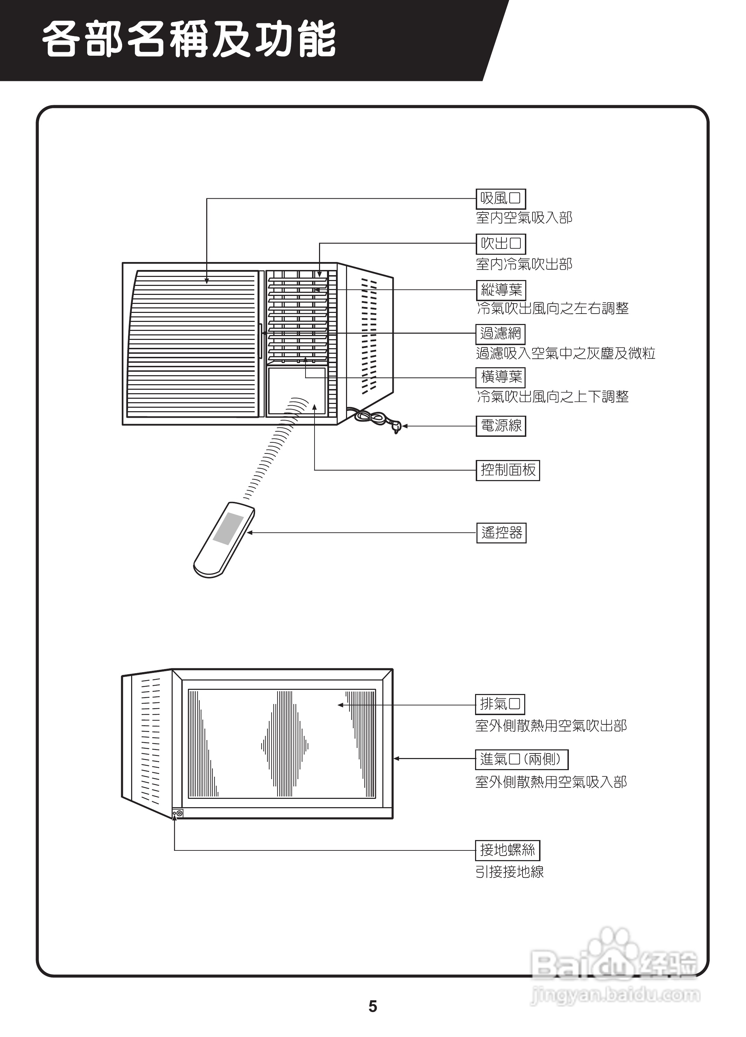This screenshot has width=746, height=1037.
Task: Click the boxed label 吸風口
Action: [x=501, y=198]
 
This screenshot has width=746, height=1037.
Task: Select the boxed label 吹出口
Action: [x=501, y=244]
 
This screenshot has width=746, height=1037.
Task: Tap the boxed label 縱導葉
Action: [x=501, y=289]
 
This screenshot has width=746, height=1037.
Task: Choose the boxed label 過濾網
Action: [x=501, y=333]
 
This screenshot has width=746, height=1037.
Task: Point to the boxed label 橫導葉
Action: [x=501, y=377]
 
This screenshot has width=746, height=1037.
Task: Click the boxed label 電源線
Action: [x=501, y=426]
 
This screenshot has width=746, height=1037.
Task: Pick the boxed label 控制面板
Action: [x=507, y=470]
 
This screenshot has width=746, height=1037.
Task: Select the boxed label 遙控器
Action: [x=501, y=533]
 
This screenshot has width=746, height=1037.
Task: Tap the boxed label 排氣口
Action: [x=500, y=704]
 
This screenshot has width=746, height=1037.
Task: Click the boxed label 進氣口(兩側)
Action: [x=521, y=759]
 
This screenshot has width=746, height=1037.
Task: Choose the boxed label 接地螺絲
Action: [x=507, y=850]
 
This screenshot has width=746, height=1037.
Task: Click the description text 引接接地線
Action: [x=509, y=872]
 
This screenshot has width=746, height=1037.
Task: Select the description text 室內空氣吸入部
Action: [x=524, y=218]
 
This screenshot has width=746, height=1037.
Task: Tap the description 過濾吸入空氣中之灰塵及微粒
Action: [x=565, y=353]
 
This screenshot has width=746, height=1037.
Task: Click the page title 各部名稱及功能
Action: [x=190, y=40]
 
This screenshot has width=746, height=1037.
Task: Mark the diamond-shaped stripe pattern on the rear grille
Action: [x=284, y=746]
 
